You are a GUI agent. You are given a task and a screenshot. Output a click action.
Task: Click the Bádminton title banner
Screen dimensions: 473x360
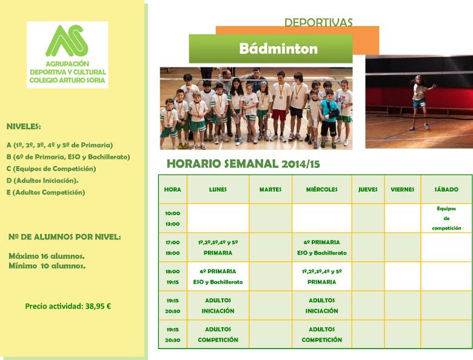(270, 48)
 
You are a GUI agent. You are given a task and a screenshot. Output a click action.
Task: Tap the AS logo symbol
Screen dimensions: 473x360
(67, 41)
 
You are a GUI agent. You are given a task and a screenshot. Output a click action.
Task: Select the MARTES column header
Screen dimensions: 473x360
(270, 189)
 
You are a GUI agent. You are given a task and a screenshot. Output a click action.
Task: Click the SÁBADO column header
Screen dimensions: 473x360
(446, 189)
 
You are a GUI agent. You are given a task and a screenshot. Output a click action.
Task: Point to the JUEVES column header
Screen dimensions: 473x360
(367, 189)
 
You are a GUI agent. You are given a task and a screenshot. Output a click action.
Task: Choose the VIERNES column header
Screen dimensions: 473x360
(403, 189)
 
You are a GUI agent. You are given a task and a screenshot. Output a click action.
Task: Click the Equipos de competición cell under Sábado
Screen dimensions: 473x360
(446, 218)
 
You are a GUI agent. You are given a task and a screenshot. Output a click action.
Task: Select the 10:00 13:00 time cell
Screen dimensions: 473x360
(173, 218)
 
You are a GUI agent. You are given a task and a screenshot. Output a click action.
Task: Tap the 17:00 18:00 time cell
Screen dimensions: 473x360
(173, 247)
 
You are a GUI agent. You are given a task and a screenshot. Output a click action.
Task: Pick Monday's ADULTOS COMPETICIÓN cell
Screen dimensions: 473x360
(218, 335)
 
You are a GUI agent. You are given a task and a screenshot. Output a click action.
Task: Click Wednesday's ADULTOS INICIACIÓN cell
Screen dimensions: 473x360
(321, 305)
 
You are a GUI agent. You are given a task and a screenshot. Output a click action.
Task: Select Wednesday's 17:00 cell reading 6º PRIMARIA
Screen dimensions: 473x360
(321, 247)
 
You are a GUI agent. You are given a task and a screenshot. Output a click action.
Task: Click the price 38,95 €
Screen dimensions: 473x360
(98, 306)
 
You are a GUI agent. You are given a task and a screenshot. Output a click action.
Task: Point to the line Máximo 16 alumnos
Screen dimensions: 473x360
(47, 256)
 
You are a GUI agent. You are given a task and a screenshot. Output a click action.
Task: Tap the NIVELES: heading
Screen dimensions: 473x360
(24, 126)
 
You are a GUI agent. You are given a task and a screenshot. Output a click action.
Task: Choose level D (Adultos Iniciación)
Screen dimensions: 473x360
(42, 181)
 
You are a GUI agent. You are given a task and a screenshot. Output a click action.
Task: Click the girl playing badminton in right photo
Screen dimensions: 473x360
(420, 102)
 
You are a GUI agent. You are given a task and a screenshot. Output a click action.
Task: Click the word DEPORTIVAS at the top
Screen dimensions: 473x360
(318, 22)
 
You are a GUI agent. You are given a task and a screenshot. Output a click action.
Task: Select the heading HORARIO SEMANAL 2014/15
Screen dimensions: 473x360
(243, 164)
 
